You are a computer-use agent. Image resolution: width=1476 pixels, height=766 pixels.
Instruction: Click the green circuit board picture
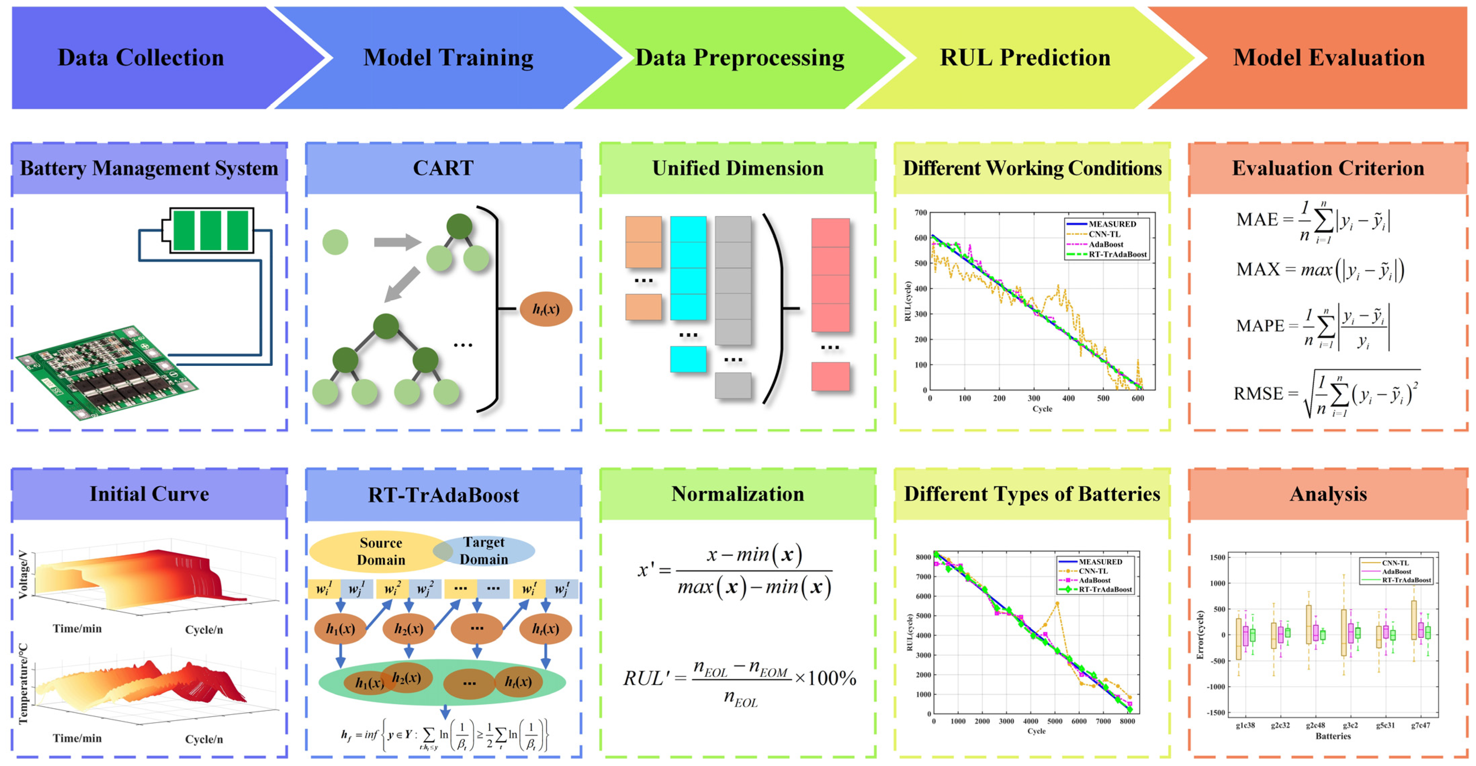click(106, 372)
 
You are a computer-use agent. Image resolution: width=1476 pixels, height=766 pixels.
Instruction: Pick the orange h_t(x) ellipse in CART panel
click(545, 309)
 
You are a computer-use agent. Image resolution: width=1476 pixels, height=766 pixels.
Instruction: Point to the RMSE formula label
click(1258, 393)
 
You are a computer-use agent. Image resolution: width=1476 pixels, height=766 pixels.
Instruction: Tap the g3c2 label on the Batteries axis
click(1350, 725)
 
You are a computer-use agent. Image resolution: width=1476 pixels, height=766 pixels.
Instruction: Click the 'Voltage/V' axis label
click(23, 574)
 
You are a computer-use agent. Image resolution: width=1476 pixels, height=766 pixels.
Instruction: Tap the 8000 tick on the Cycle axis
click(1127, 721)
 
